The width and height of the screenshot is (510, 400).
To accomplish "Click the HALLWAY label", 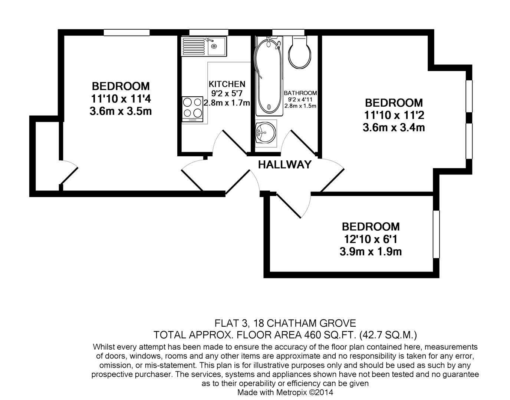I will click(284, 164).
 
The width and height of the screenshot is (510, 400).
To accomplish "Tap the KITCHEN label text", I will click(227, 84).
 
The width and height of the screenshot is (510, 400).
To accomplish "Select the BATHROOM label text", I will click(300, 93).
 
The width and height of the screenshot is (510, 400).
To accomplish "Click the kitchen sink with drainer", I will click(204, 46).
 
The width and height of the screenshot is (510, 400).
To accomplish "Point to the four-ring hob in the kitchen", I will click(193, 107).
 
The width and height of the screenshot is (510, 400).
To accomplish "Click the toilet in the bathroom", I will click(298, 53).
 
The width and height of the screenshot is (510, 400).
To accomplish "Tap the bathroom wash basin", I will click(265, 131).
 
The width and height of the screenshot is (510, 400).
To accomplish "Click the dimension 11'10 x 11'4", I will click(121, 99).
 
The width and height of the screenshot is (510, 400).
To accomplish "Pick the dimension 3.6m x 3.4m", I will click(394, 128).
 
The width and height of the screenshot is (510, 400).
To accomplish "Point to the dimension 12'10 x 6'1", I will click(371, 239).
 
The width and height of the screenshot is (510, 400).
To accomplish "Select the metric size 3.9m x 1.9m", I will click(371, 252).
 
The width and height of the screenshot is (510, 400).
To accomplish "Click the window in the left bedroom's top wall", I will click(126, 33).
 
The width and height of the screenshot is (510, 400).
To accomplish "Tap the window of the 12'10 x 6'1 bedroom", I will click(436, 234).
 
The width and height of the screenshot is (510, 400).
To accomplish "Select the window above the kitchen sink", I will click(203, 33).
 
